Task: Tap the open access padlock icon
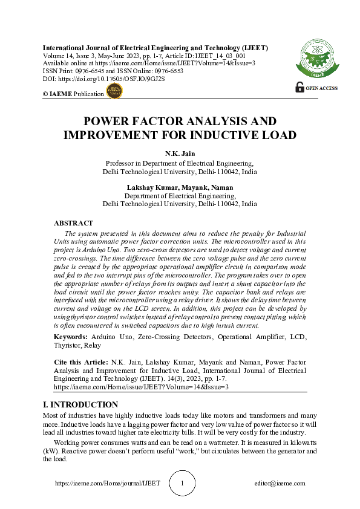pos(299,87)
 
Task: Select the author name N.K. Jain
pos(180,154)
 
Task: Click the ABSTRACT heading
pos(73,224)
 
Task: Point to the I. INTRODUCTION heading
pos(80,404)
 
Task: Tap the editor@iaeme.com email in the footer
pos(280,484)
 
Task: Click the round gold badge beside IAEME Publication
pos(114,91)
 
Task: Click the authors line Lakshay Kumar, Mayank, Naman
pos(180,187)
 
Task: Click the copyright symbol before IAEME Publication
pos(45,94)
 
